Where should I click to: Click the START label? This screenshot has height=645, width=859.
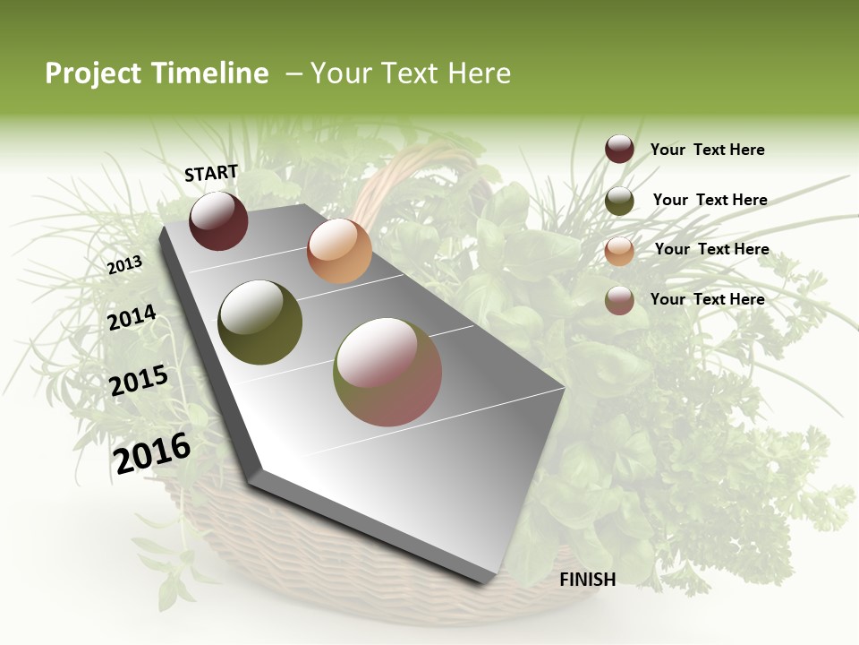click(x=211, y=173)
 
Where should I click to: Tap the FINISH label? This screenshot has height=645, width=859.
click(x=587, y=580)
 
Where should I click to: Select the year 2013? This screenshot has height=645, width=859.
click(x=125, y=265)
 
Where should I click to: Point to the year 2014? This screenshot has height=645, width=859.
click(x=132, y=318)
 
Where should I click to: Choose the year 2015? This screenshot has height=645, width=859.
click(x=139, y=381)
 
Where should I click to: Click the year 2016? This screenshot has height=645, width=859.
click(x=152, y=452)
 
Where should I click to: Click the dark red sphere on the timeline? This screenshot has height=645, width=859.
click(x=218, y=220)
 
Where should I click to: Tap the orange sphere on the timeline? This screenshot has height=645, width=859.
click(x=339, y=251)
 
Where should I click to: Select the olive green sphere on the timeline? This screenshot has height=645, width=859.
click(x=259, y=322)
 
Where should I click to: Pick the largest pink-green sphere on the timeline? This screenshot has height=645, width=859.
click(x=387, y=372)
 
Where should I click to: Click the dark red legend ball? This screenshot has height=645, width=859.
click(x=619, y=150)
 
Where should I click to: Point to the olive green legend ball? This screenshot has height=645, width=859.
click(x=619, y=201)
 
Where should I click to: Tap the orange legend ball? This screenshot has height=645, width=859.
click(x=619, y=251)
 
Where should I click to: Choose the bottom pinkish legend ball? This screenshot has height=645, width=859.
click(x=619, y=300)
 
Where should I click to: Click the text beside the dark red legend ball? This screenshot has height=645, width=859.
click(x=707, y=150)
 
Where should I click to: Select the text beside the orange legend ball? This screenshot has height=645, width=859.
click(x=711, y=250)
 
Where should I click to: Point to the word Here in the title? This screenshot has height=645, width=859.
click(x=479, y=73)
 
